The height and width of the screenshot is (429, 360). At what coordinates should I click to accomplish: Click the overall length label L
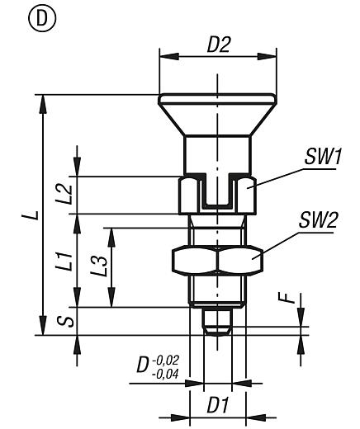point(29,216)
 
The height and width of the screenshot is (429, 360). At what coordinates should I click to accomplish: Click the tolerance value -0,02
point(166,360)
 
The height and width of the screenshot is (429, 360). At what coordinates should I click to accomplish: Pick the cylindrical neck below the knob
point(210,153)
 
